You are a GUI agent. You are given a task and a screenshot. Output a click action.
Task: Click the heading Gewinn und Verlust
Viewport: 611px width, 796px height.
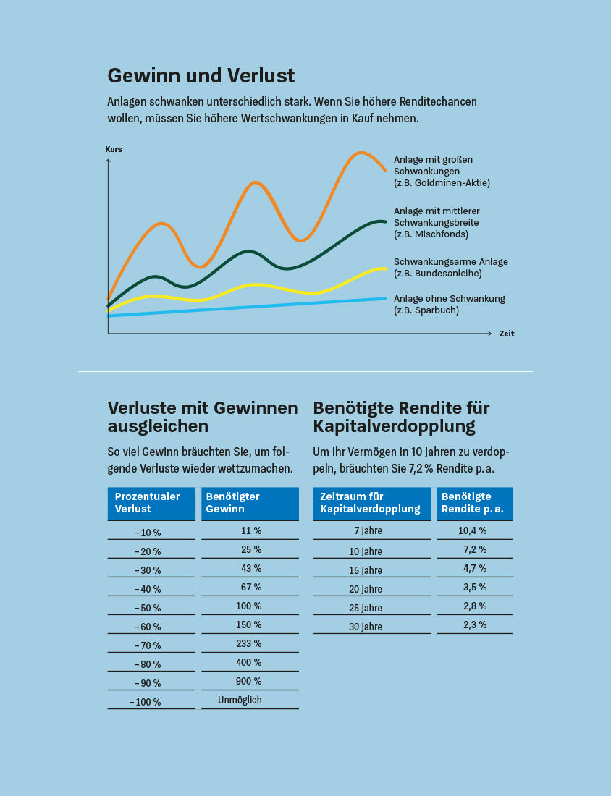click(201, 75)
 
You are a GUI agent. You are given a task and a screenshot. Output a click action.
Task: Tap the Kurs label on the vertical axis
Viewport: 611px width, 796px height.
click(114, 149)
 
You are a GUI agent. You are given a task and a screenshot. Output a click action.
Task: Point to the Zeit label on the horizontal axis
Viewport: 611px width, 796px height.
click(507, 334)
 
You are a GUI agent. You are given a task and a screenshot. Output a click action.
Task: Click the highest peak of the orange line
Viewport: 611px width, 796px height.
click(360, 153)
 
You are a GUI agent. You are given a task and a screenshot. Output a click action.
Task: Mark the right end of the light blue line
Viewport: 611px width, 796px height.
click(385, 298)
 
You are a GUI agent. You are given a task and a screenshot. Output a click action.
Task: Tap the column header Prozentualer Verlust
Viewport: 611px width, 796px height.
click(151, 503)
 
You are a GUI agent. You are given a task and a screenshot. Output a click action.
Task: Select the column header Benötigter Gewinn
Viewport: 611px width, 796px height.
click(250, 503)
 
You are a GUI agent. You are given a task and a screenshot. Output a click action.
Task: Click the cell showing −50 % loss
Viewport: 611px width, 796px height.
click(148, 608)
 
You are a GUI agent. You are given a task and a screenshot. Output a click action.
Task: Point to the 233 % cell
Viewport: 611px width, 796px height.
click(248, 643)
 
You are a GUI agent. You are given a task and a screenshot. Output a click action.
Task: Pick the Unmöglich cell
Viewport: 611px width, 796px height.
click(240, 700)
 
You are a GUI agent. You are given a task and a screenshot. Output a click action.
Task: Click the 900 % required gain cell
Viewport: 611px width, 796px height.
click(248, 681)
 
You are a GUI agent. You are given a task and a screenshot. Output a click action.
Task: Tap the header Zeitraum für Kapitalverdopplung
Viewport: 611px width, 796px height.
click(371, 503)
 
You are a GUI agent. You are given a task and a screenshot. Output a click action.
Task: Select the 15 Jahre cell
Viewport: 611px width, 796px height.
click(366, 570)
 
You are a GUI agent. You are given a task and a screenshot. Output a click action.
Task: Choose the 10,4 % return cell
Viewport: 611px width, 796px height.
click(472, 530)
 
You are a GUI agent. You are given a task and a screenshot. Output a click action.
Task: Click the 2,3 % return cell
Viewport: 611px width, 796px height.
click(475, 624)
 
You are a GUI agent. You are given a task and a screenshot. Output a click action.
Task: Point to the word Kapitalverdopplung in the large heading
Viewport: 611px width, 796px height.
click(394, 426)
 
